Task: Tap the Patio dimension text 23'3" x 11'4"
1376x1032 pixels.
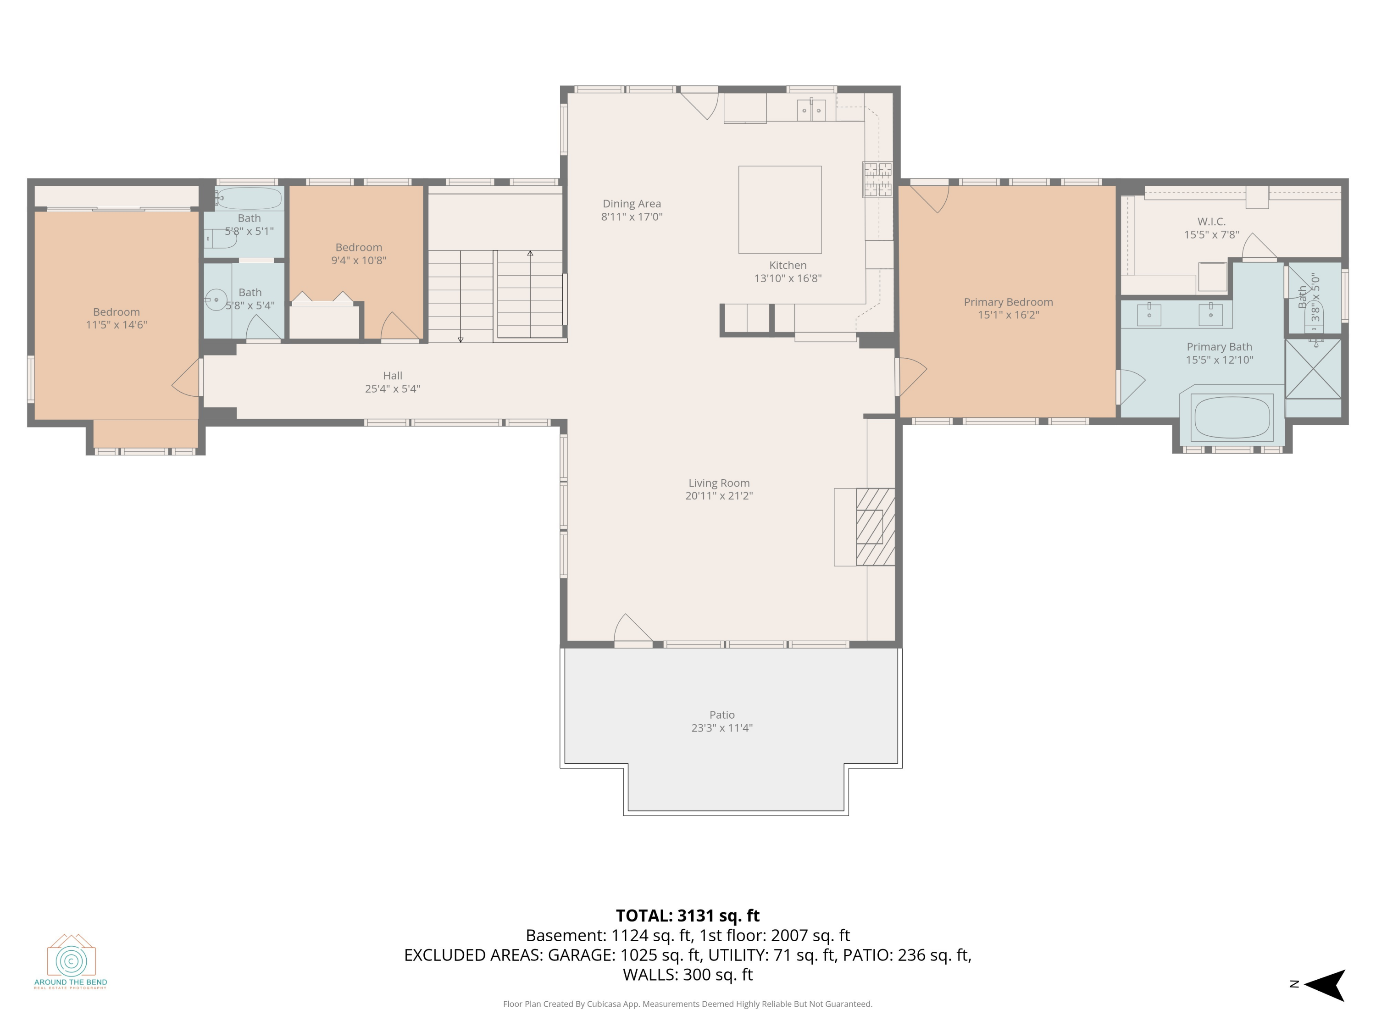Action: click(721, 728)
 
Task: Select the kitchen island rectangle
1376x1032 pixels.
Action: click(780, 210)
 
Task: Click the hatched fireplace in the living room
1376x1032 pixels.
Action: click(875, 527)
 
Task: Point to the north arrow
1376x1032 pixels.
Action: click(1325, 985)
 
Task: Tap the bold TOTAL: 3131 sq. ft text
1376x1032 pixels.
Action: click(688, 915)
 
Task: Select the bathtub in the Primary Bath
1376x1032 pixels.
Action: click(1231, 417)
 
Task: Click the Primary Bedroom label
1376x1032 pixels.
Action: click(1008, 302)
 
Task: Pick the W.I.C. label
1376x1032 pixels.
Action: click(1211, 222)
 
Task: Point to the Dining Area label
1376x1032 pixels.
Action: click(632, 203)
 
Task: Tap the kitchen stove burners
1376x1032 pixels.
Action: click(877, 179)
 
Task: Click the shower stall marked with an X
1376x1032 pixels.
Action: click(1313, 369)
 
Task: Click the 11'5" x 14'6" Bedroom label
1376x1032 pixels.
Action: click(117, 311)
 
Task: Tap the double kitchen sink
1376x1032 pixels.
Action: click(811, 110)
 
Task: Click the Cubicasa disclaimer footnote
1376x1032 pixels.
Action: click(688, 1004)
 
